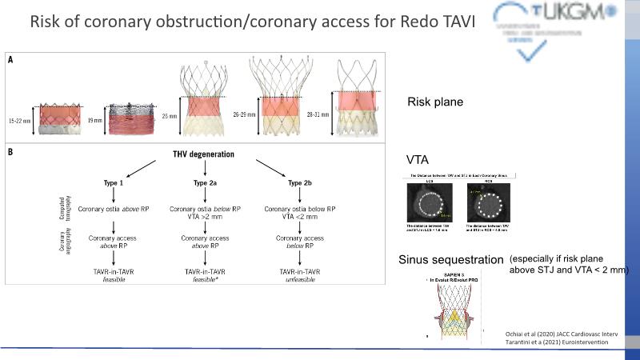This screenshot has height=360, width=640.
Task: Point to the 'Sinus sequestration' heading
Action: click(450, 260)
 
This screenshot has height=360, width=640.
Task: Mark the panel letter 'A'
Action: click(11, 59)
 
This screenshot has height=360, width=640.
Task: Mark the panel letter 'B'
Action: click(11, 150)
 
